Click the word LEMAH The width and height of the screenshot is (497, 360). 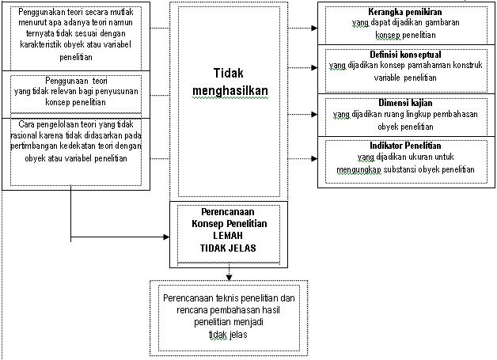point(230,235)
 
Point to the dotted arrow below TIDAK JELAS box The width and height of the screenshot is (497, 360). point(229,274)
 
